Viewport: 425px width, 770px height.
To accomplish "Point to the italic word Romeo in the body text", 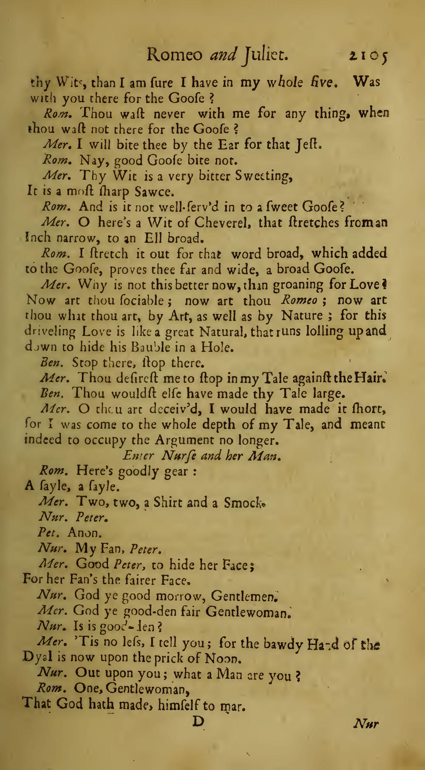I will coord(300,301).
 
